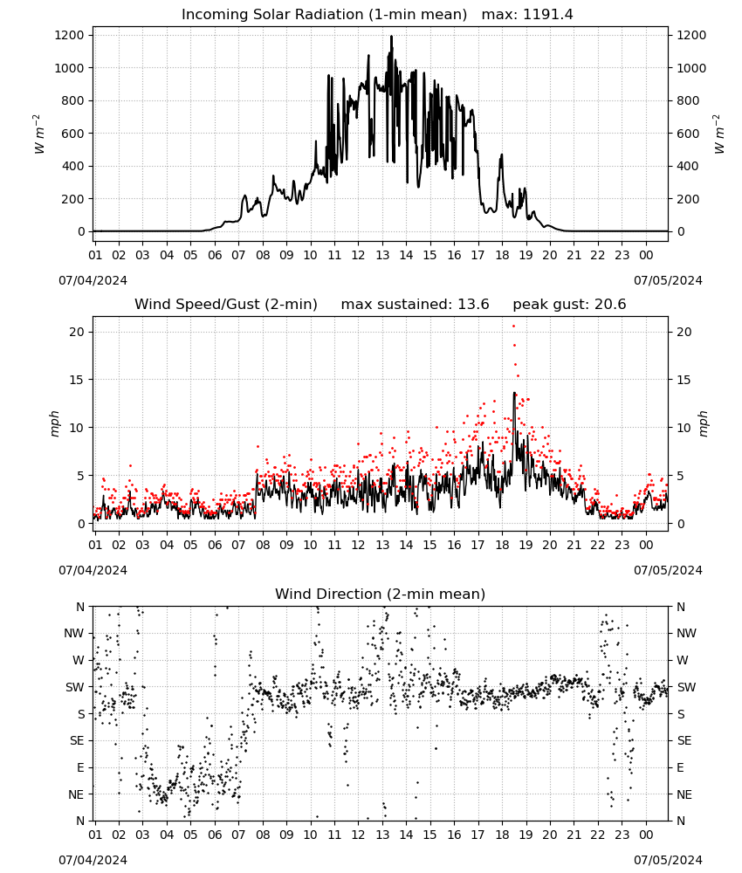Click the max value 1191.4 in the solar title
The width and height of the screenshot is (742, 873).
(x=547, y=15)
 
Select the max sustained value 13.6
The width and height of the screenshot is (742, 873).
(x=473, y=305)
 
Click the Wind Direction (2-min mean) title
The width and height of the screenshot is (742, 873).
(x=381, y=594)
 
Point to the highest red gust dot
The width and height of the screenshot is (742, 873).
(x=514, y=327)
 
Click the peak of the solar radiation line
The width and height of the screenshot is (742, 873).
(x=391, y=37)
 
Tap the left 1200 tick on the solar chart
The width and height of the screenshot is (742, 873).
(x=70, y=35)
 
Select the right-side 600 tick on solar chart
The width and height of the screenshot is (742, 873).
(x=688, y=134)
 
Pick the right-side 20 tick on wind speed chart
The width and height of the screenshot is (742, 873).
(x=684, y=332)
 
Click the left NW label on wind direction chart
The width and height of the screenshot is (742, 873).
(x=74, y=634)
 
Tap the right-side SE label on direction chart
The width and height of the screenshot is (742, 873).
(x=684, y=740)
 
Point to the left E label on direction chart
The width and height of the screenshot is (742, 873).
(x=80, y=767)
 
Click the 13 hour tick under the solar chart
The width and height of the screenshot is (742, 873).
(x=382, y=255)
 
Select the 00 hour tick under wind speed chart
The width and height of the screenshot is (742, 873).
(x=646, y=545)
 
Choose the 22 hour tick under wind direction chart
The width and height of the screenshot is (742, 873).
(x=598, y=835)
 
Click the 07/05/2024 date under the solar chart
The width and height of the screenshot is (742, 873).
(x=668, y=280)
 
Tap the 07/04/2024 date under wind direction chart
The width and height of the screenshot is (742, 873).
(x=93, y=860)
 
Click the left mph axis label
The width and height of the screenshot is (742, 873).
(x=54, y=423)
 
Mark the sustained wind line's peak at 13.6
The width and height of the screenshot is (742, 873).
(x=514, y=393)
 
